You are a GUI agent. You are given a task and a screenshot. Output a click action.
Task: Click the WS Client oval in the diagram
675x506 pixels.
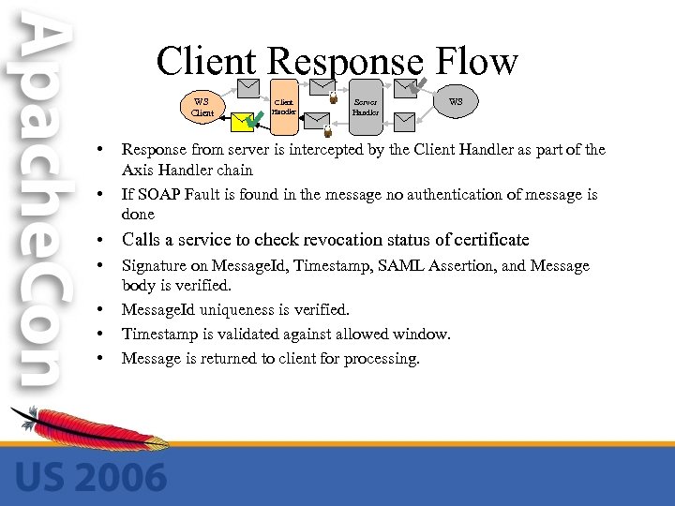click(201, 106)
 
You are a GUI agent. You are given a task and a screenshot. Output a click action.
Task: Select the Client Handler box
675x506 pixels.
click(284, 106)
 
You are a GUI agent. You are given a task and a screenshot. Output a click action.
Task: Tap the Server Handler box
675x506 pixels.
click(364, 106)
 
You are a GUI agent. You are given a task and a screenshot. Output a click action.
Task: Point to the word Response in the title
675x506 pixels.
click(344, 62)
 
